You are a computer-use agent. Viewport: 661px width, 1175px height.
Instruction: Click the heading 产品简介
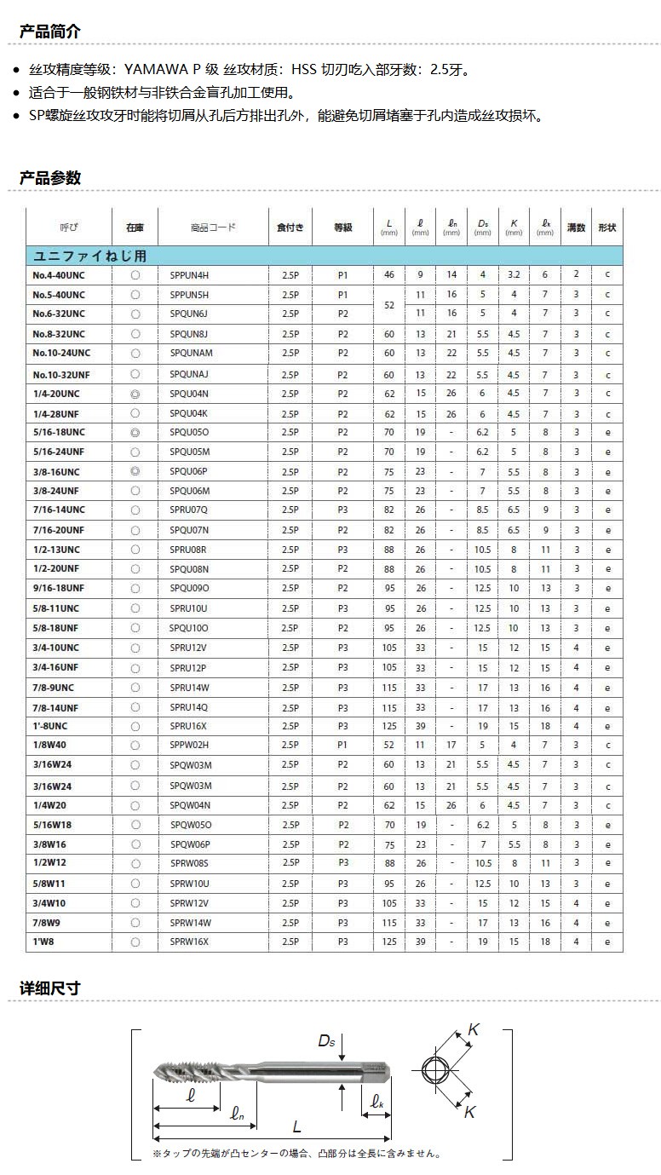50,32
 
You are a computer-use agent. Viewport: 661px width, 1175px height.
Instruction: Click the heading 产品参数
50,178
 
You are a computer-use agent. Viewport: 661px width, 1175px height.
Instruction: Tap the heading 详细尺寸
50,988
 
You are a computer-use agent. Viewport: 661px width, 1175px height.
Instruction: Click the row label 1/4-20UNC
56,394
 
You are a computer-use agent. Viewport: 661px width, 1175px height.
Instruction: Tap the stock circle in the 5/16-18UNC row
135,433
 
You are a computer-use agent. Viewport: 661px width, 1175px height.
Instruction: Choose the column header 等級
342,228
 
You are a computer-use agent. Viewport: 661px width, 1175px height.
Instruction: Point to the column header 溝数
576,228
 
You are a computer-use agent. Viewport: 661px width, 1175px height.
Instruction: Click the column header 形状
607,228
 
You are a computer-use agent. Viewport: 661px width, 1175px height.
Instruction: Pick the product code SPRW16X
189,942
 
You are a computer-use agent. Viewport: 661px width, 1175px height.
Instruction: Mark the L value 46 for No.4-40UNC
389,275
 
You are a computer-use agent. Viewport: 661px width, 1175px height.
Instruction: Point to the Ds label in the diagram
327,1040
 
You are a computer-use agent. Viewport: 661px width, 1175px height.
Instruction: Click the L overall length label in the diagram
296,1126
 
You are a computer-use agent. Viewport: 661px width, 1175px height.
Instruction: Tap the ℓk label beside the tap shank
377,1102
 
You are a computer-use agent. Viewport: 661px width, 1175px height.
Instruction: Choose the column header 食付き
290,228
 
